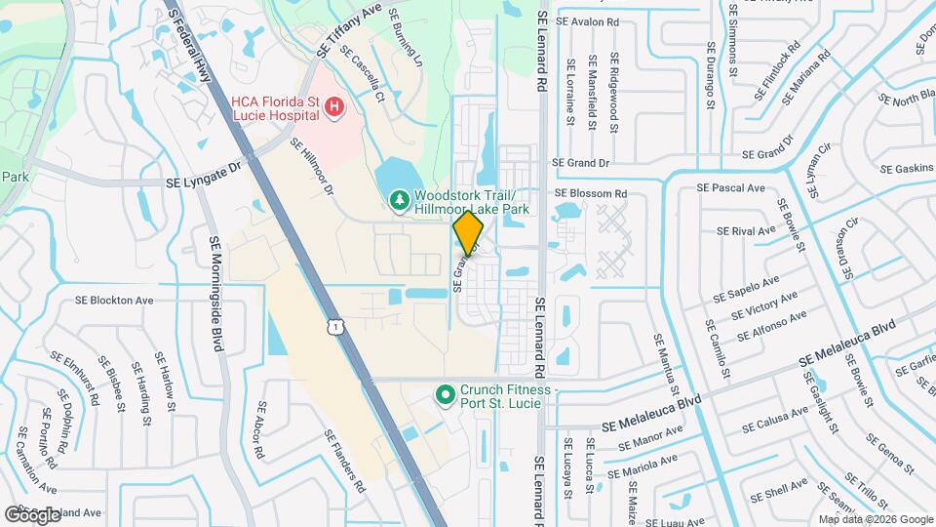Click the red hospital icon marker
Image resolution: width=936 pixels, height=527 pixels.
coord(334,106)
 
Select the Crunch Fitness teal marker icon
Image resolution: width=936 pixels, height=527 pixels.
coord(446,395)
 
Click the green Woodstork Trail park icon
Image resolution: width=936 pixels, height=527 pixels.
coord(398,201)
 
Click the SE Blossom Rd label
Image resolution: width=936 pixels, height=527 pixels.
coord(589,193)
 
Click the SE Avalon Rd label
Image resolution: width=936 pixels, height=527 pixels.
coord(587,20)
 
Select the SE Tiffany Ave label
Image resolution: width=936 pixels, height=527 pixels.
coord(349,28)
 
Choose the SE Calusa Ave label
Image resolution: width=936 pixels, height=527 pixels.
coord(775,420)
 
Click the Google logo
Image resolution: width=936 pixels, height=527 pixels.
coord(32,514)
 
